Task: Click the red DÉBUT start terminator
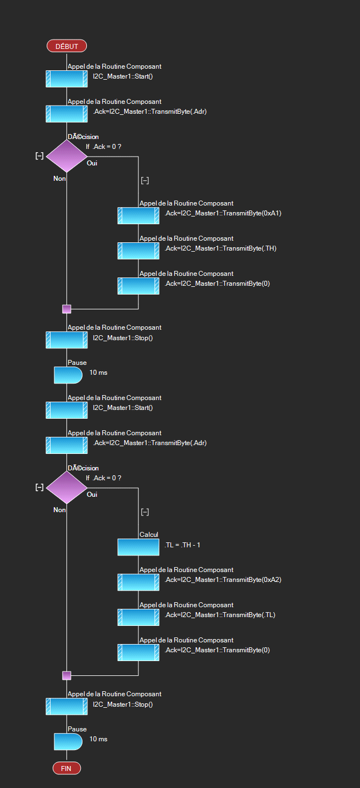pos(67,46)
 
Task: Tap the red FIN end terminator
pos(67,768)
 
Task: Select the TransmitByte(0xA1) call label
pos(223,213)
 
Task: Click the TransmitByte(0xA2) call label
pos(223,580)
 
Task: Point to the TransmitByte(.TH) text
pos(220,248)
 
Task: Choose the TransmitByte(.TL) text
pos(220,615)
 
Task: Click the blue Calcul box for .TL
pos(139,547)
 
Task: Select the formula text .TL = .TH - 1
pos(182,545)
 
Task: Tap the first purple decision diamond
pos(67,156)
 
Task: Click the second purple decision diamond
pos(67,487)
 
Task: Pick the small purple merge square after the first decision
pos(67,309)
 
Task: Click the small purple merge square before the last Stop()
pos(67,675)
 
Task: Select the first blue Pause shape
pos(68,375)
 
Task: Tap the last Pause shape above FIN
pos(68,741)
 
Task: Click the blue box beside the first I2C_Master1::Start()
pos(67,79)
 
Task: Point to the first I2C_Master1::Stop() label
pos(123,338)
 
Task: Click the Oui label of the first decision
pos(92,163)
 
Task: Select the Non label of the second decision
pos(59,510)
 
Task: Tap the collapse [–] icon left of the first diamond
pos(40,156)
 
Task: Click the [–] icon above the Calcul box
pos(145,512)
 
